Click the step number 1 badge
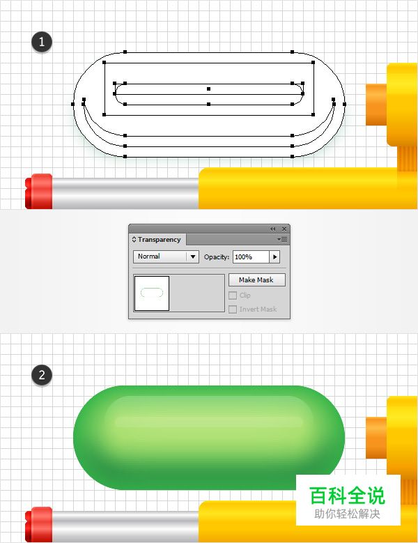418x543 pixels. [x=42, y=42]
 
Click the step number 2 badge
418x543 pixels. [x=42, y=375]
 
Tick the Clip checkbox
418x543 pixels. [x=233, y=296]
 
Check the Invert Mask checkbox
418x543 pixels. [x=233, y=309]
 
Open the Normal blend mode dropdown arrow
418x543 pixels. [x=193, y=257]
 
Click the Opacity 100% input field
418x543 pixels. [x=251, y=257]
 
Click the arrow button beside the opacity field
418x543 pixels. [x=274, y=257]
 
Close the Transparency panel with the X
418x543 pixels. [x=284, y=229]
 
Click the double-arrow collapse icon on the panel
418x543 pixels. [x=272, y=229]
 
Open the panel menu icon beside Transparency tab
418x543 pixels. [x=282, y=239]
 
